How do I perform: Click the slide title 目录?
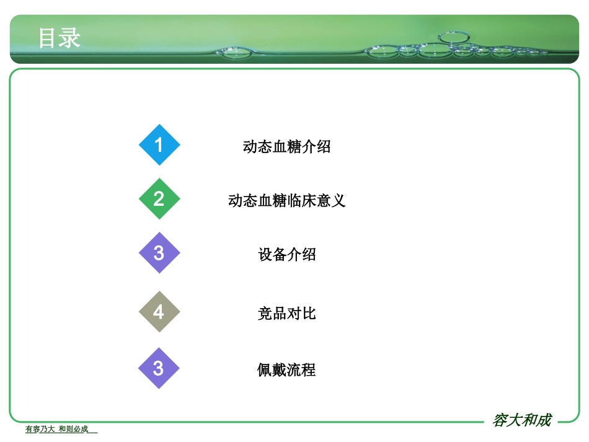coord(60,38)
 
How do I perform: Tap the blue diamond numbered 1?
coord(159,145)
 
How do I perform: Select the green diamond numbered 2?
coord(159,198)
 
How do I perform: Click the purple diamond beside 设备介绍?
coord(159,253)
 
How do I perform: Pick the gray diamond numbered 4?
coord(159,311)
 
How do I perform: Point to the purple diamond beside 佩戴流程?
coord(159,368)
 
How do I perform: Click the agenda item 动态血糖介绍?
coord(286,147)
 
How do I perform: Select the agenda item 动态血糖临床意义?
coord(286,201)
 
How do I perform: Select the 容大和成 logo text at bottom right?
coord(521,420)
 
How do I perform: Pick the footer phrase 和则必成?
coord(73,429)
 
